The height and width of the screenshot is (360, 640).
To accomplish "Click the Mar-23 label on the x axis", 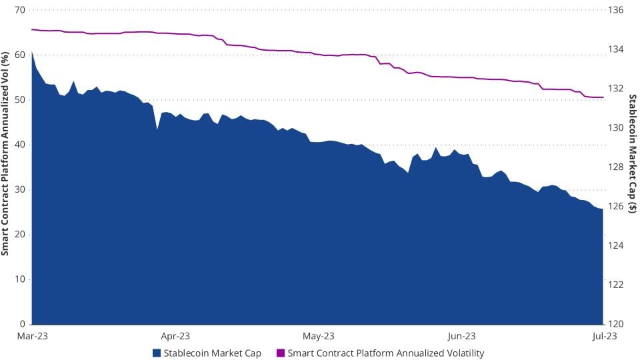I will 31,336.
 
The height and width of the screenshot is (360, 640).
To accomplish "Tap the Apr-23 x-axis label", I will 176,336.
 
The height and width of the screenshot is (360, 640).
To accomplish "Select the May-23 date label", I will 319,336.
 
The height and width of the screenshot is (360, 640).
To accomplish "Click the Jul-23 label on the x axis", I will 603,336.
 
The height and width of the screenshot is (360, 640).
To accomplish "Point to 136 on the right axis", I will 616,11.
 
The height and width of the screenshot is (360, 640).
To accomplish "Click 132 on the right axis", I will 616,89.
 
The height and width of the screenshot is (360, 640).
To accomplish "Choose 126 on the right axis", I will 616,206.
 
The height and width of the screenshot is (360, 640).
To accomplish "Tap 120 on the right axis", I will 616,324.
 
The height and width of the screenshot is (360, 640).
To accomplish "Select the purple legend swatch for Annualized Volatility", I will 280,353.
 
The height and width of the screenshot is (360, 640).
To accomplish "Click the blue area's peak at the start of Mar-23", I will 32,51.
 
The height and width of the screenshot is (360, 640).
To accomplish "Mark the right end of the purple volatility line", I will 603,97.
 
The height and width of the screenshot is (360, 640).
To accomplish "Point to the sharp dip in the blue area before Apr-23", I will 157,129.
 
